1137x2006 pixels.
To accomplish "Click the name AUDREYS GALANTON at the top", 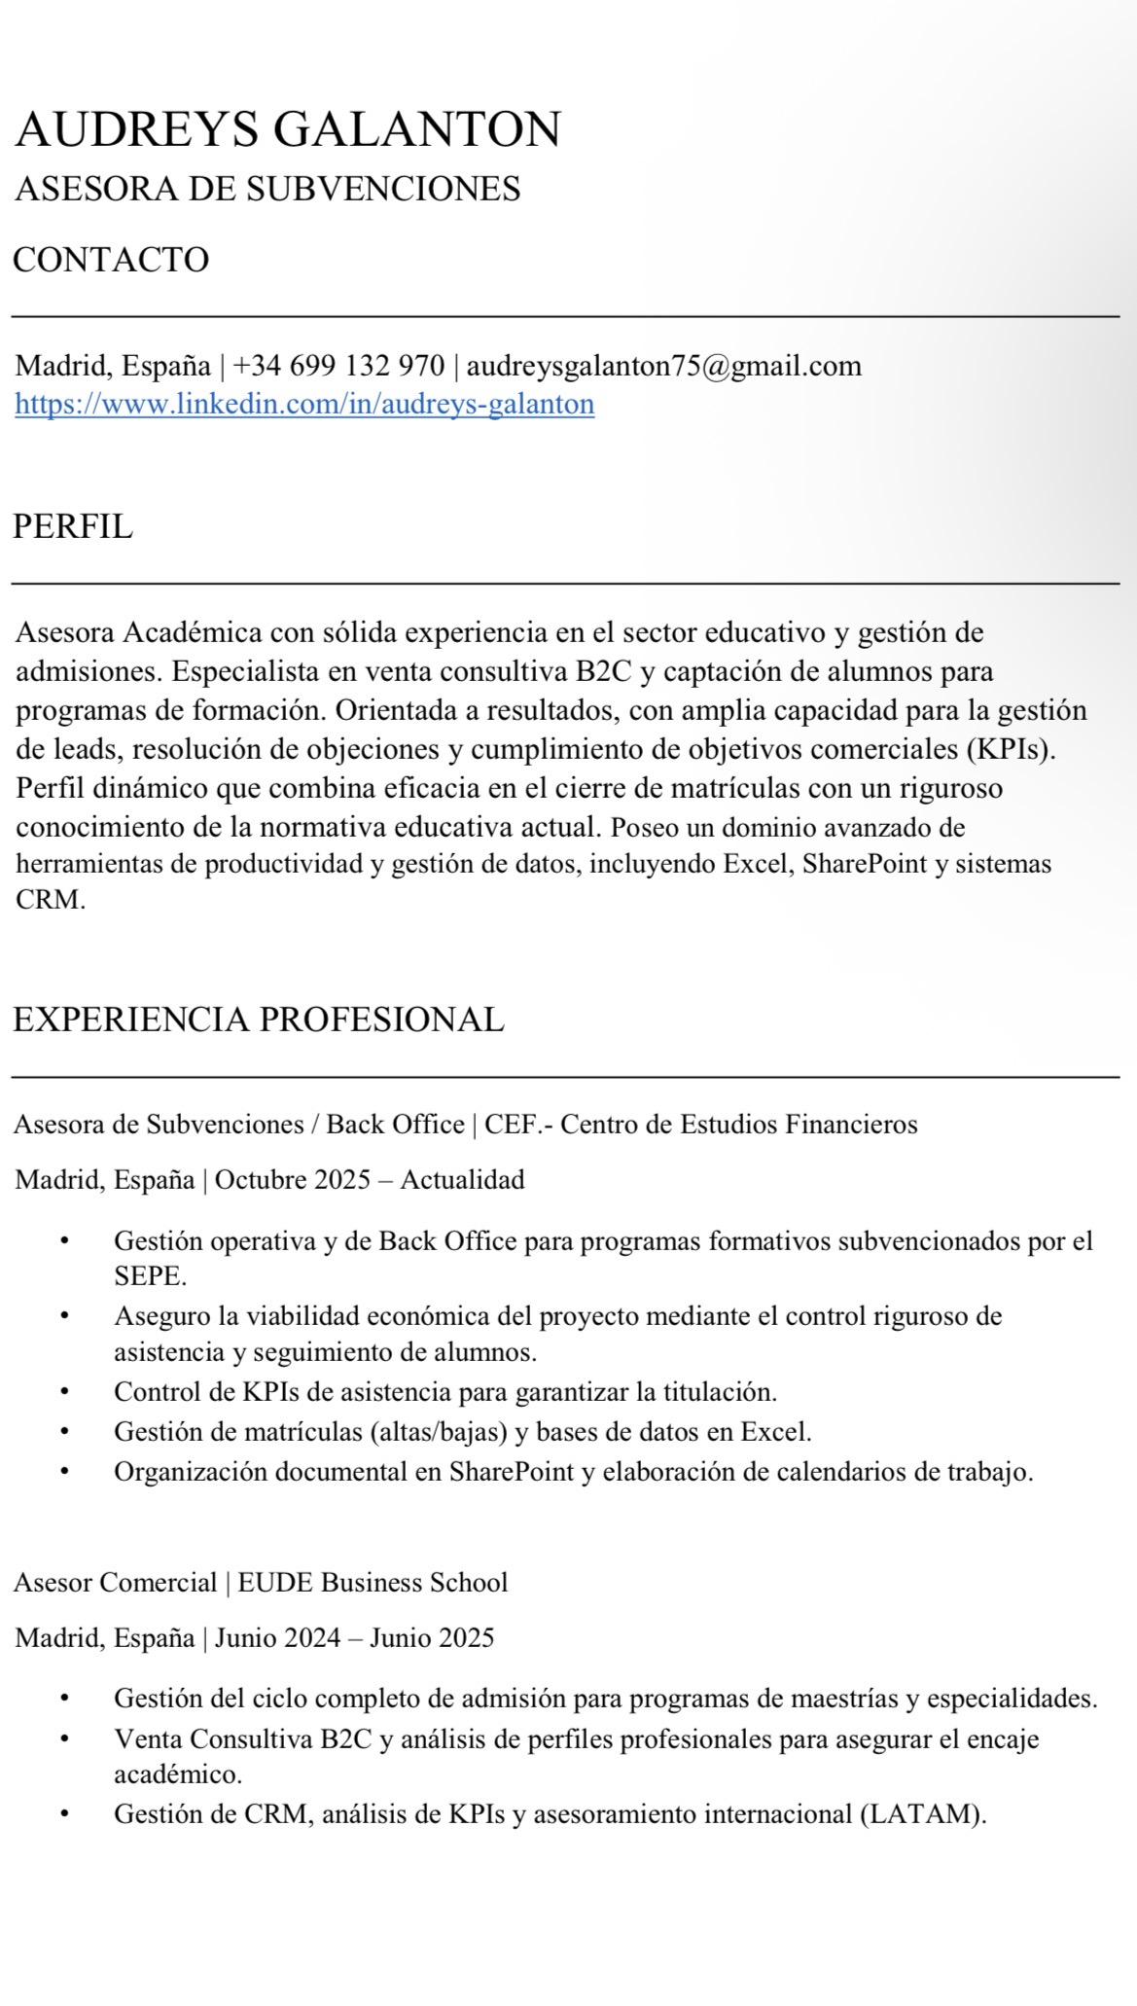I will tap(288, 130).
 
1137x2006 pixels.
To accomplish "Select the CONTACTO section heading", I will tap(111, 261).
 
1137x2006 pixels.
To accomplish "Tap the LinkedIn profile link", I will tap(304, 404).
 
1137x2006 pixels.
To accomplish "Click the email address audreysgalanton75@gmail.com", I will tap(663, 367).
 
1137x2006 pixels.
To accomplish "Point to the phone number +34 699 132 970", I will tap(338, 367).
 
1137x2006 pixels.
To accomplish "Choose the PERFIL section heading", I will tap(73, 527).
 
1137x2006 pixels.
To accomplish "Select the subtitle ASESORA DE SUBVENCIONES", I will tap(267, 189).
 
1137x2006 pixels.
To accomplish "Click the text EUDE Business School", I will tap(373, 1583).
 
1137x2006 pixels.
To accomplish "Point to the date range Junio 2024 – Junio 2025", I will tap(354, 1638).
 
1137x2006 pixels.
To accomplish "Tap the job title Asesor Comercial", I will tap(115, 1583).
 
